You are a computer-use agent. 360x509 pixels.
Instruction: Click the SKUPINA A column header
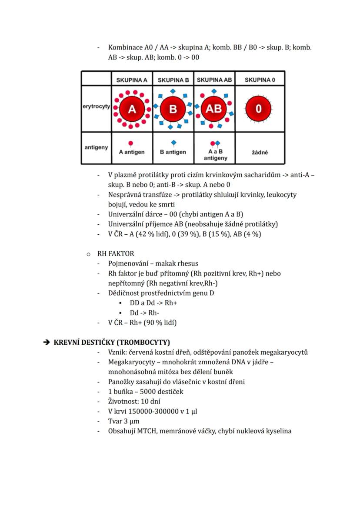132,80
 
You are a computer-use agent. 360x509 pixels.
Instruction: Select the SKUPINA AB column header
214,80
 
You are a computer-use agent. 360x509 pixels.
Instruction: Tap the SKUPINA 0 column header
260,80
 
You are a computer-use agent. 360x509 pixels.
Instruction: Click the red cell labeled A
132,109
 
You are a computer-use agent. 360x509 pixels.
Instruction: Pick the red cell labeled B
173,109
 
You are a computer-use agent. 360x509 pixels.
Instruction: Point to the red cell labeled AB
214,109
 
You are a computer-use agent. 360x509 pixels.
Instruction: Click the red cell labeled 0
259,109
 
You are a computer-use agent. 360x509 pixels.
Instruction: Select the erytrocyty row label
96,107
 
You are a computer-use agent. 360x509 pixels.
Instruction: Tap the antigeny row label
96,147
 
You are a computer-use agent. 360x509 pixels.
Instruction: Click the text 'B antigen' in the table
173,152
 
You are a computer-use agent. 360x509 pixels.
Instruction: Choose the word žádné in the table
260,153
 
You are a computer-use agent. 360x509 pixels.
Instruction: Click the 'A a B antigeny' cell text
215,155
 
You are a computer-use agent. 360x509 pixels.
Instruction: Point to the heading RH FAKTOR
116,253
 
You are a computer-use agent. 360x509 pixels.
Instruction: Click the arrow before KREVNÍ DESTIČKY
47,342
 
